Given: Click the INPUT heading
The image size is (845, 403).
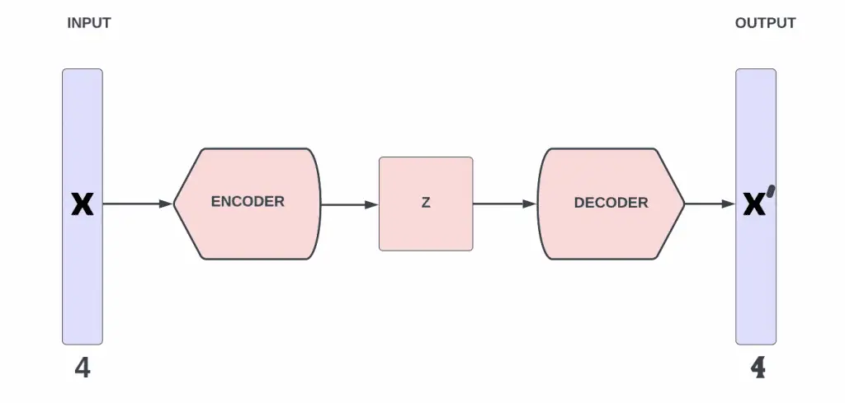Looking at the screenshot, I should pos(88,23).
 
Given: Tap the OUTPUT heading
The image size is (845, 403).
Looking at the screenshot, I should pos(765,23).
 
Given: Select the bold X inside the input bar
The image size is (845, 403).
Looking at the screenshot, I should pos(83,204).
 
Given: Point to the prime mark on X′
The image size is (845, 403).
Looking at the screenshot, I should pos(770,193).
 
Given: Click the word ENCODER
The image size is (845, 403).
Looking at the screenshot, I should pos(248,201).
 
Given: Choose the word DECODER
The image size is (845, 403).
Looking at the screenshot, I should pos(611,203).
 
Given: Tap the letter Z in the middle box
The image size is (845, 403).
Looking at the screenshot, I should pos(426,203).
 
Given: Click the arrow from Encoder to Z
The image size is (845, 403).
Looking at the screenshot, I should pos(349,204).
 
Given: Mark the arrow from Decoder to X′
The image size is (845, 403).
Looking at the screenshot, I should pos(710,204).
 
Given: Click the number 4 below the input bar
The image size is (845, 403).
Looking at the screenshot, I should pos(83,368).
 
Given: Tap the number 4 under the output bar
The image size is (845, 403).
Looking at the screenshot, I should pos(758,368).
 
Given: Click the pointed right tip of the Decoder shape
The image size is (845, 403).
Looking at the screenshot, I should pos(683,204).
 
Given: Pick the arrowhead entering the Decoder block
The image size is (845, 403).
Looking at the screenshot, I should pos(530,204).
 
